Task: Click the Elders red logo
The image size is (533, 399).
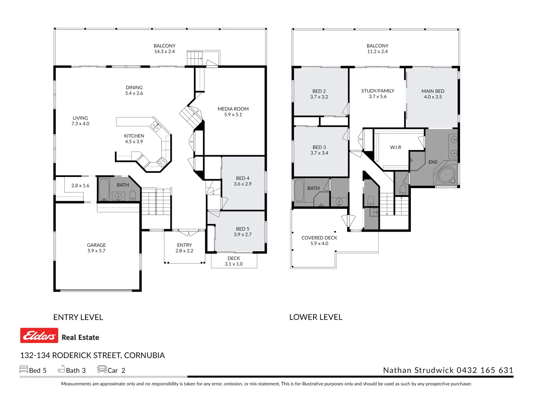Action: coord(39,335)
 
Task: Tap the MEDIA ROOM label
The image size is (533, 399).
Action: coord(233,109)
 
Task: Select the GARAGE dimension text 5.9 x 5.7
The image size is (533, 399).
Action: coord(96,251)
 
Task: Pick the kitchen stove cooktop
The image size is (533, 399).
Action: coord(162,161)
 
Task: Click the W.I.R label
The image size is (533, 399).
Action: coord(396,147)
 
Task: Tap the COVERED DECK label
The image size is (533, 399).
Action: coord(319,238)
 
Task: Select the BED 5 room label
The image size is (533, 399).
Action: coord(242,229)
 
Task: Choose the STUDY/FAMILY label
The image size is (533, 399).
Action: coord(378,91)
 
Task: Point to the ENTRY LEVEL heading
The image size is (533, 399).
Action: coord(78,317)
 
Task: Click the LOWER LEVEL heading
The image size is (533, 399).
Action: coord(316,317)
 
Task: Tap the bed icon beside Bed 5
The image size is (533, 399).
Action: coord(24,369)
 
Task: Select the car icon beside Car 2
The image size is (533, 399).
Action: coord(102,369)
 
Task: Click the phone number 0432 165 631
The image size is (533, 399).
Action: coord(485,370)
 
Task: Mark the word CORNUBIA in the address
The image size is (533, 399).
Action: coord(144,355)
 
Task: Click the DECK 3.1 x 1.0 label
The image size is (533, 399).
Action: coord(234,261)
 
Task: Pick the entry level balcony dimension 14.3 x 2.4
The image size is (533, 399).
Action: coord(164,51)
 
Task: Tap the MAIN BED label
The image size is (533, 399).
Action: coord(433,91)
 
